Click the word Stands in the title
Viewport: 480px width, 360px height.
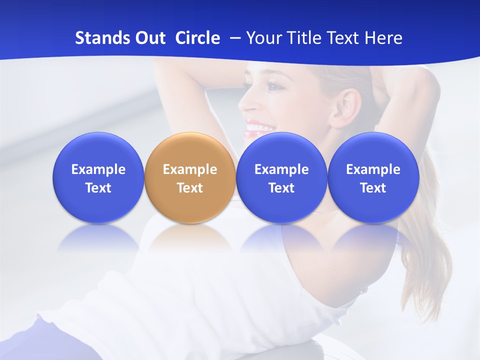(98, 38)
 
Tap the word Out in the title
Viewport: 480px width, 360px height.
(148, 38)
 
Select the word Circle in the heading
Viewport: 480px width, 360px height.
(197, 38)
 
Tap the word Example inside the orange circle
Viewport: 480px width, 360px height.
(190, 169)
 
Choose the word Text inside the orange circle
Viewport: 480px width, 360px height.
(190, 188)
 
